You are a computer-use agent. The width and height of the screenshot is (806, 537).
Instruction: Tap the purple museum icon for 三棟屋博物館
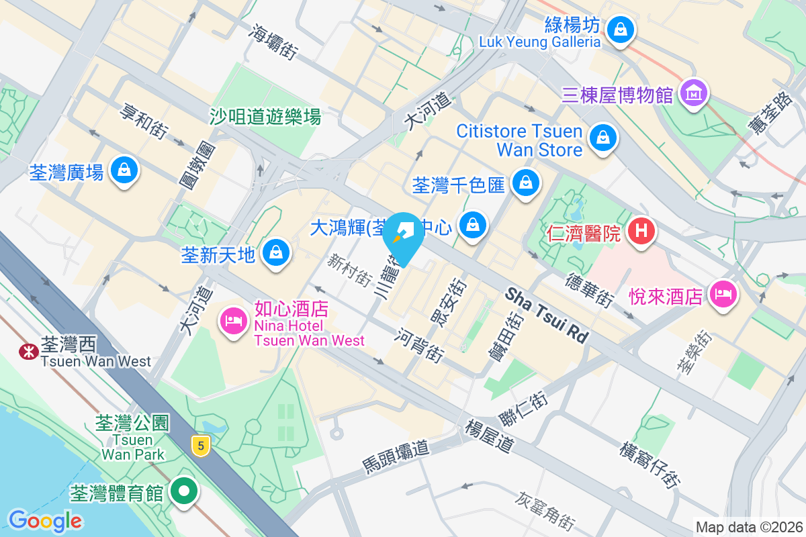tap(694, 93)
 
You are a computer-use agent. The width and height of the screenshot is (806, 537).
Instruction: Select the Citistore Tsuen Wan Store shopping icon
tap(602, 138)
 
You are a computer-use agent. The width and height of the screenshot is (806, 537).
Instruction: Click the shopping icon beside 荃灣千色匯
tap(526, 182)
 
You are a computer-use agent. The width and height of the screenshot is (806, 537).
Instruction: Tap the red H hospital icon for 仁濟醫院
tap(641, 232)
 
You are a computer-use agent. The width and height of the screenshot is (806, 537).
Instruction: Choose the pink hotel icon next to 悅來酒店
tap(723, 294)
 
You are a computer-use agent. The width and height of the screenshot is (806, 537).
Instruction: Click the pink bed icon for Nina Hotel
tap(233, 321)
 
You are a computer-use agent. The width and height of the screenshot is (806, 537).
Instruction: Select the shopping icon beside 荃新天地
tap(275, 253)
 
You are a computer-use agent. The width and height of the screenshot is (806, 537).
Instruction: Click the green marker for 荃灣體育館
tap(183, 492)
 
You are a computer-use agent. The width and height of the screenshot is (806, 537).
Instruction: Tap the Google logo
tap(45, 520)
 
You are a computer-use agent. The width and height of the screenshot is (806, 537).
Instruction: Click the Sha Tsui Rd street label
tap(546, 313)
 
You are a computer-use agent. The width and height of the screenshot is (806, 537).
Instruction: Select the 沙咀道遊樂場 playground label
tap(265, 117)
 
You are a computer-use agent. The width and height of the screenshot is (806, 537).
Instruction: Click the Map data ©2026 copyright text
tap(748, 527)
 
